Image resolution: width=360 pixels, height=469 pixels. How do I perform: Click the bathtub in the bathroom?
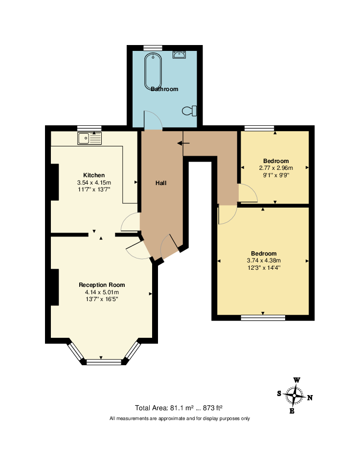(x=153, y=72)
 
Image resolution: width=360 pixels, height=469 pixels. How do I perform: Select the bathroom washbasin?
(x=179, y=54)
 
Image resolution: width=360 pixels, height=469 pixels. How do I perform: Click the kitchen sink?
(x=90, y=138)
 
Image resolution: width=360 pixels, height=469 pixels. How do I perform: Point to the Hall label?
(x=161, y=183)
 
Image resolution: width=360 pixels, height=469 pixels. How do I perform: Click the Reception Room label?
(x=102, y=285)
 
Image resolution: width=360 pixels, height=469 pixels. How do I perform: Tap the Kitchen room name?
(x=94, y=175)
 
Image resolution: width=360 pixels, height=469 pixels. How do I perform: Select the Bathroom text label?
(x=164, y=89)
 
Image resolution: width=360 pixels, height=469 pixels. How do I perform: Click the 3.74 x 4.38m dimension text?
(x=264, y=260)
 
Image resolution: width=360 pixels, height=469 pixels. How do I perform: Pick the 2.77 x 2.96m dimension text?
(x=276, y=168)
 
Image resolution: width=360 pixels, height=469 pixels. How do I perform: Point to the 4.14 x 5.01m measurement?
(x=102, y=292)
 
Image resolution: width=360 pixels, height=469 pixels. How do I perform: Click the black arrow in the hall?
(x=183, y=143)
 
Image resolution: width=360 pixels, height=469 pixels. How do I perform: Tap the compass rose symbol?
(x=294, y=396)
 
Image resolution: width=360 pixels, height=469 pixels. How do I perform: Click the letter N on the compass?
(x=310, y=398)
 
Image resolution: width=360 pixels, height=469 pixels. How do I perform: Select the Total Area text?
(x=179, y=408)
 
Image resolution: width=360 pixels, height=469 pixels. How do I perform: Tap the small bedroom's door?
(x=247, y=193)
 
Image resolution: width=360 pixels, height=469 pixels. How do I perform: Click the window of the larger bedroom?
(x=263, y=318)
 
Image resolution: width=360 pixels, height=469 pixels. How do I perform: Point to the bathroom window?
(x=153, y=48)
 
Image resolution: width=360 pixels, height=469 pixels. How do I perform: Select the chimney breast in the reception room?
(x=55, y=287)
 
